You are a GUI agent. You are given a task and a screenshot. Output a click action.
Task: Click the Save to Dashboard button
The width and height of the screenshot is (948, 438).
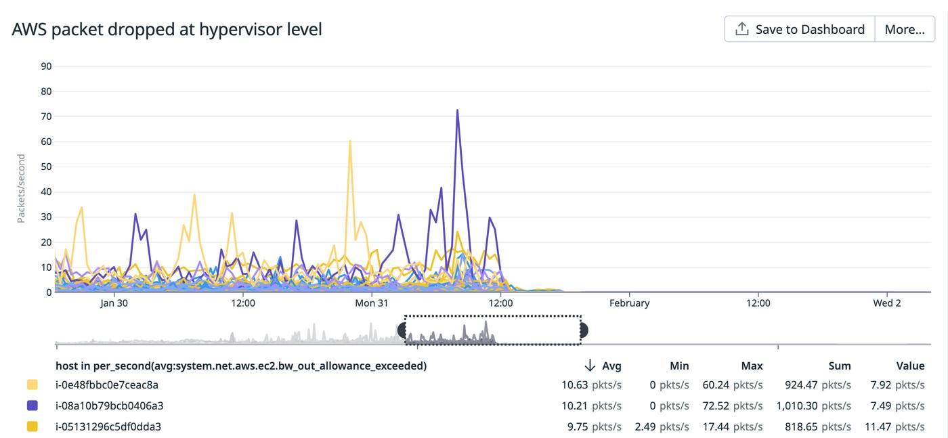click(800, 29)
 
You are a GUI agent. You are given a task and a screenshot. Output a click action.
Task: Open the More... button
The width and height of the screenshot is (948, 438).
click(905, 29)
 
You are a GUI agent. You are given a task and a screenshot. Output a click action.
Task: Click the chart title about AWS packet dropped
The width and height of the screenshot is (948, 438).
click(167, 29)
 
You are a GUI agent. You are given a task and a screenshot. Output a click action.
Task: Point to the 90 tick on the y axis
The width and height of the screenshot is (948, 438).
click(46, 66)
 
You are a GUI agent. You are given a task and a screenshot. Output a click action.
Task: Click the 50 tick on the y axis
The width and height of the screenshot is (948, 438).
click(46, 167)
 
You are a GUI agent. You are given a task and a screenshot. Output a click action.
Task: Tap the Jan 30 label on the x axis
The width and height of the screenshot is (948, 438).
click(114, 303)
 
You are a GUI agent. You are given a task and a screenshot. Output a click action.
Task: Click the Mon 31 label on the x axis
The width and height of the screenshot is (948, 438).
click(371, 303)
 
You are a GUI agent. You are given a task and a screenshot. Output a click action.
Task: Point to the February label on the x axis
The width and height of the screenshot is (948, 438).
click(629, 303)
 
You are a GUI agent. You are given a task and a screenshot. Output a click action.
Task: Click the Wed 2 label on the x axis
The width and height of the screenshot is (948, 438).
click(886, 303)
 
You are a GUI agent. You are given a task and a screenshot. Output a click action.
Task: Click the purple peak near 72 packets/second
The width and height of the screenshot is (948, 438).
click(458, 110)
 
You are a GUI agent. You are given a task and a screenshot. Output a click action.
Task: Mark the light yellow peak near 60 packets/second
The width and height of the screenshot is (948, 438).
click(350, 141)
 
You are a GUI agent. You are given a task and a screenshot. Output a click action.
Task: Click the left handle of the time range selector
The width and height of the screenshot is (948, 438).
click(402, 330)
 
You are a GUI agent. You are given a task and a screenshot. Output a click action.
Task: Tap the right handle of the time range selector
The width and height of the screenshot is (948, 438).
click(584, 330)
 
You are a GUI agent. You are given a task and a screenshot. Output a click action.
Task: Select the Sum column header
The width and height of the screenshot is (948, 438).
click(839, 366)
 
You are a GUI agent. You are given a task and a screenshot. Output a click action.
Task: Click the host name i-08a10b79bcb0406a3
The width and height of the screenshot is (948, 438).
click(109, 406)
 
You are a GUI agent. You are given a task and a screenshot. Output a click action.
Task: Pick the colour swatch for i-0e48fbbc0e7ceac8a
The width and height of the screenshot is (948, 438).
click(32, 385)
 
